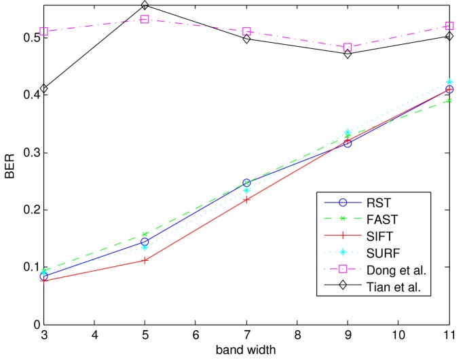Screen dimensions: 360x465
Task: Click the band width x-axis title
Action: pos(246,352)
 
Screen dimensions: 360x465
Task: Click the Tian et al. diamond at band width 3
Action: pos(44,89)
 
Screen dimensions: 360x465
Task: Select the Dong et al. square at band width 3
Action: pos(44,31)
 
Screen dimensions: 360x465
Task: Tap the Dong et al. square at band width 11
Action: pos(449,26)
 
